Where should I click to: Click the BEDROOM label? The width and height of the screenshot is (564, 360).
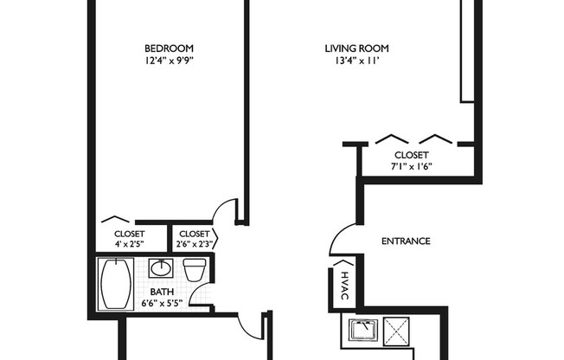point(170,48)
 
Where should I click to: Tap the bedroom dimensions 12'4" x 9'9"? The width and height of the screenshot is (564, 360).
point(170,61)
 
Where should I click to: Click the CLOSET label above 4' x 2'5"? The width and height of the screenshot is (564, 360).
point(131,234)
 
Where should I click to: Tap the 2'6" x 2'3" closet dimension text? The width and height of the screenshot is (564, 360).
point(193,245)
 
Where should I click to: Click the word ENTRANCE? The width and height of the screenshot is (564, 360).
point(406,241)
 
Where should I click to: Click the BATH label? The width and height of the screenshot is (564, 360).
point(161,292)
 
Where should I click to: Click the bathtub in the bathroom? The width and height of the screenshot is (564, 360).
point(115,284)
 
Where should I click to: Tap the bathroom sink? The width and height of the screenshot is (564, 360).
point(161,268)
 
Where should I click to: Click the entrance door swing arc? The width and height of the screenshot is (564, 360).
point(339,235)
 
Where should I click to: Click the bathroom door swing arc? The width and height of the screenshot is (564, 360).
point(249,325)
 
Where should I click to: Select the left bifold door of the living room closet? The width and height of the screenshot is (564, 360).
point(392,138)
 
